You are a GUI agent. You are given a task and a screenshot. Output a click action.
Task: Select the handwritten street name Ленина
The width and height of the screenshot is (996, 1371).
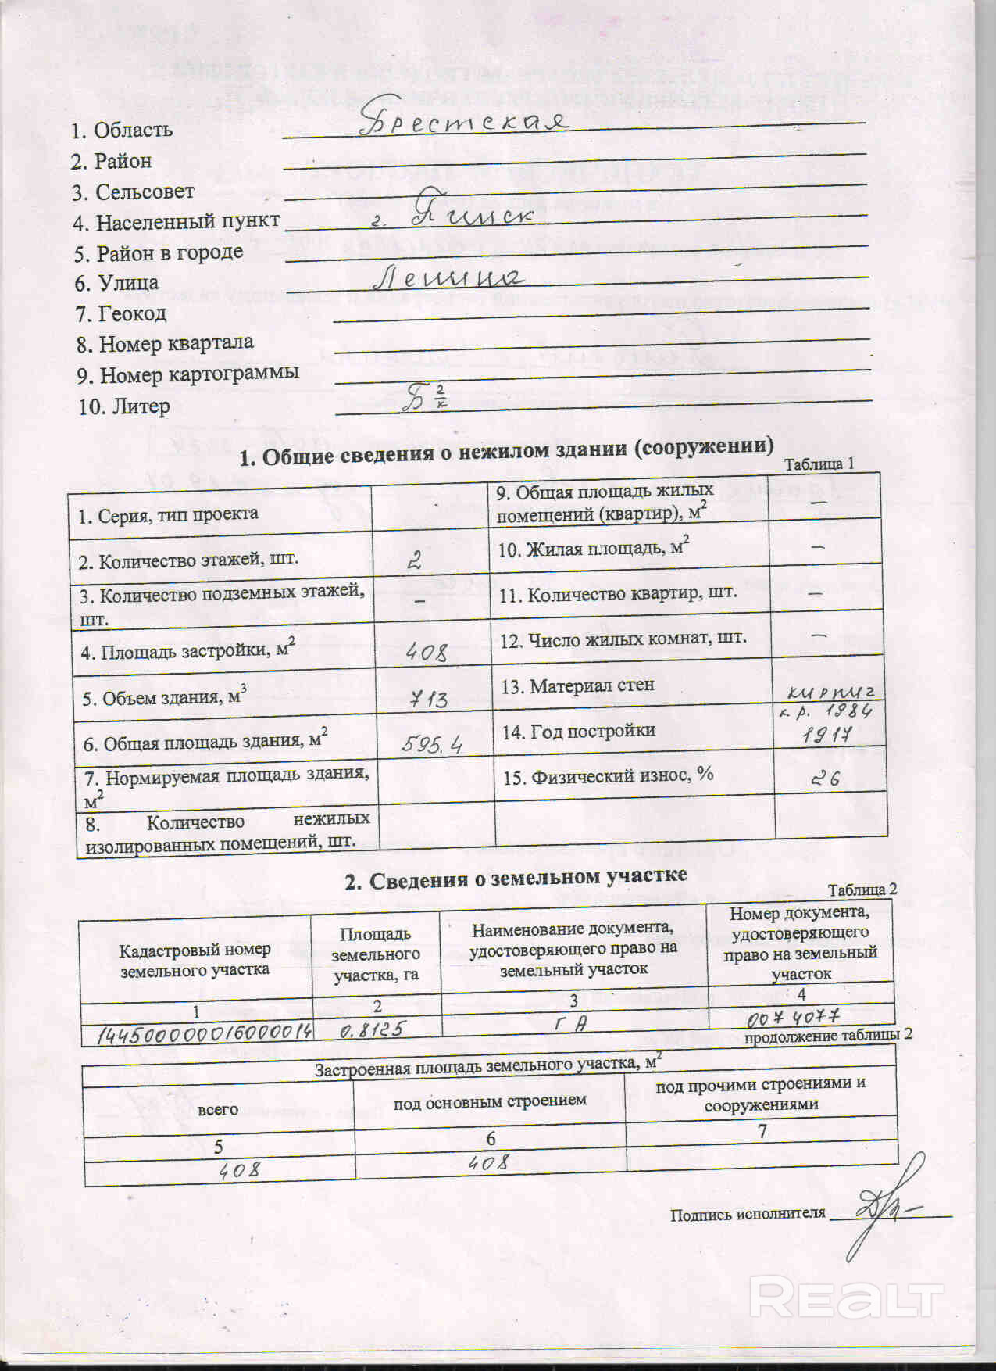[x=445, y=277]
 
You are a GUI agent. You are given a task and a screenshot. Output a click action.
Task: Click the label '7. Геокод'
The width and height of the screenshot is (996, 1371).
[x=121, y=313]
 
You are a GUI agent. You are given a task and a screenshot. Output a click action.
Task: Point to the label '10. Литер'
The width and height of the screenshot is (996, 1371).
[x=124, y=406]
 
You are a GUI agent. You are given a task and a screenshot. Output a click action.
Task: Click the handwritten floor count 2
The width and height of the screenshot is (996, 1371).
[x=416, y=560]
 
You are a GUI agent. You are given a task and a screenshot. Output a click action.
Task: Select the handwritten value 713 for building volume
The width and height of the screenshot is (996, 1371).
[x=429, y=698]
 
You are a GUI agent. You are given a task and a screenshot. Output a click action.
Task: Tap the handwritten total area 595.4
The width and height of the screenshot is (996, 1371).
[x=431, y=745]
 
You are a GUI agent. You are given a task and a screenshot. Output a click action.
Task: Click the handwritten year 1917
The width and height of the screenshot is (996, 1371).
[x=826, y=735]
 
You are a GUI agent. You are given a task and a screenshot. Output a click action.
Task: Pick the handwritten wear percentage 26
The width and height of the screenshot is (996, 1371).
[x=825, y=779]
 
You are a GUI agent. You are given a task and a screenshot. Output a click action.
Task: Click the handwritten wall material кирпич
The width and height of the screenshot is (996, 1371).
[x=834, y=690]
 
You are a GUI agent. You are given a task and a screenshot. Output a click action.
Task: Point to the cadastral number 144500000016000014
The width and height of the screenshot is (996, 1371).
[x=204, y=1032]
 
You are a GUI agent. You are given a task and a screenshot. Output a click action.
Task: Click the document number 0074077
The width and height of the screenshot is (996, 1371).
[x=793, y=1018]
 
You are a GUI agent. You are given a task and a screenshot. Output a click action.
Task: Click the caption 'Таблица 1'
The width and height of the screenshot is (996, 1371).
[x=819, y=464]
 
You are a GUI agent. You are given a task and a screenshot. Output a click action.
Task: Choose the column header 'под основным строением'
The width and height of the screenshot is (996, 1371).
[x=490, y=1101]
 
